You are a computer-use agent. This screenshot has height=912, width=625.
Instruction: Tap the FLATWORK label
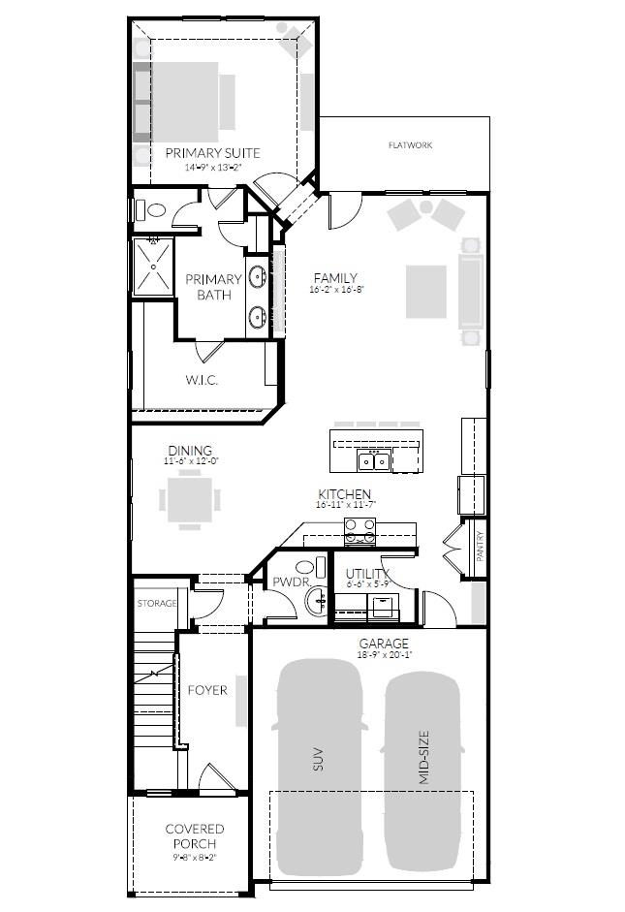point(410,145)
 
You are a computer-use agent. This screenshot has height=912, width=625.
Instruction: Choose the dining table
point(189,502)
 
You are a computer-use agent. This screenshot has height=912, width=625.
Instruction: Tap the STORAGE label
point(156,604)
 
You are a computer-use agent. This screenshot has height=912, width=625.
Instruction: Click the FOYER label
point(207,690)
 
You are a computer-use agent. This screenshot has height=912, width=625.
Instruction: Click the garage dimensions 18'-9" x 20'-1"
point(384,656)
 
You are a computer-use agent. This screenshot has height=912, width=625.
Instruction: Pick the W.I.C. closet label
point(202,380)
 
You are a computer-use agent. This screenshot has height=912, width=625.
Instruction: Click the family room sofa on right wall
point(471,291)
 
